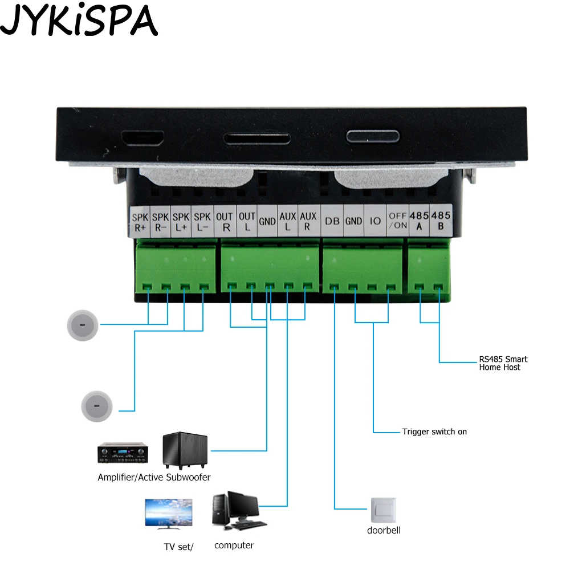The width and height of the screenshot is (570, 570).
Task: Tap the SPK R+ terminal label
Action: tap(140, 222)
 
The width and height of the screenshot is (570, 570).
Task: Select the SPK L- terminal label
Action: tap(202, 222)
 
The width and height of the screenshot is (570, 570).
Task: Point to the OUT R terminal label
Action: tap(225, 222)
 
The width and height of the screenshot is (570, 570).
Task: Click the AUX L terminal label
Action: tap(288, 222)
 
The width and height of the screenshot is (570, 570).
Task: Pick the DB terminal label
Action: tap(331, 221)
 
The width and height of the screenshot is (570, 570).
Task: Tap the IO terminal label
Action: tap(375, 221)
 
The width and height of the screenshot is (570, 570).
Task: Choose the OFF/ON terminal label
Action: tap(397, 221)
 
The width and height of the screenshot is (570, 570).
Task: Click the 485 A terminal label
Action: tap(420, 221)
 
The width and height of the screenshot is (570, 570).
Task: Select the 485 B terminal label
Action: tap(441, 221)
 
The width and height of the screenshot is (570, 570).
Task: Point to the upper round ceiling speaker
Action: tap(83, 325)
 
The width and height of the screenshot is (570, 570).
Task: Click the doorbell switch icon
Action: tap(383, 510)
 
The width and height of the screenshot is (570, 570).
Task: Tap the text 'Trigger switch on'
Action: tap(434, 432)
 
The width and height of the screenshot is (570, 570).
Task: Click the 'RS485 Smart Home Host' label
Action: tap(503, 363)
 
